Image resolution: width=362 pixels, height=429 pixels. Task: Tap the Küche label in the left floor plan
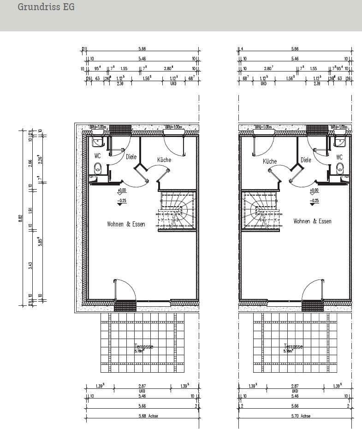[164, 160]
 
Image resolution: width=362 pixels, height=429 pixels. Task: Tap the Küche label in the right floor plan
[270, 161]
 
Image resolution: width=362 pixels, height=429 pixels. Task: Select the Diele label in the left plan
[131, 157]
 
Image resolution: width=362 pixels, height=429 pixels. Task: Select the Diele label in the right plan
[306, 160]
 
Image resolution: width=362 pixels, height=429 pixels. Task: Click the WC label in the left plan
[97, 156]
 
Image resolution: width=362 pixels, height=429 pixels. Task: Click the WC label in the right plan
[339, 157]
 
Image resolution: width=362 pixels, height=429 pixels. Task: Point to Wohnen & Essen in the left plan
[126, 224]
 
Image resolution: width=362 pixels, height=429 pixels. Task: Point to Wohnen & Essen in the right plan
[312, 221]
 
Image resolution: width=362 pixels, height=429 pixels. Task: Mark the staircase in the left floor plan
[177, 210]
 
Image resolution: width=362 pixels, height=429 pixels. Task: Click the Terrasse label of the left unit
[143, 347]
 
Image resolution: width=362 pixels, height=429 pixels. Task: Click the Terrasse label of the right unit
[293, 347]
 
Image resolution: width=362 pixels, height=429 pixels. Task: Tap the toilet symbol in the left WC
[97, 169]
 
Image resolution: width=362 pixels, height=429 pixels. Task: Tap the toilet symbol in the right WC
[340, 169]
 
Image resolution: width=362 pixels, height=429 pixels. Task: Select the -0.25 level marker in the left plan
[122, 201]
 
